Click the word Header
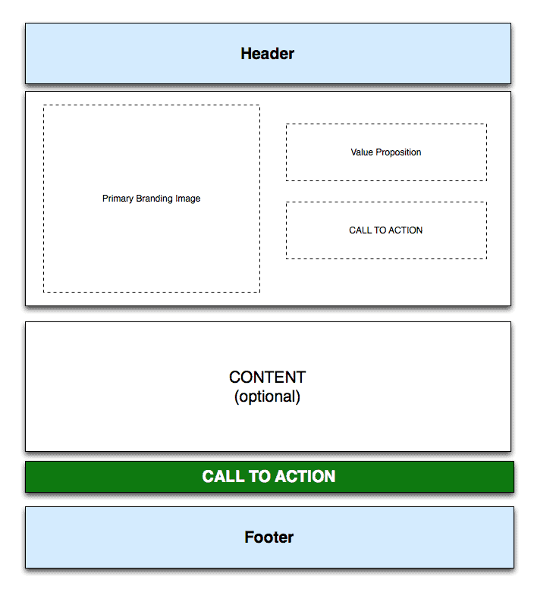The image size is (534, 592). coord(267,54)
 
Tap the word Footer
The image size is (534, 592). coord(269,537)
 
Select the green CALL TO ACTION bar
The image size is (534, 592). coord(269,477)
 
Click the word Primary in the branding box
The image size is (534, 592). coord(118,199)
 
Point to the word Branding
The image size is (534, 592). coord(154,199)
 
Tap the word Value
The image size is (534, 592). coord(362,152)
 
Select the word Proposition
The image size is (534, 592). coord(398,152)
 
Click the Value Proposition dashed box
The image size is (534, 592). coord(386,152)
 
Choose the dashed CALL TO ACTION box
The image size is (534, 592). coord(386,230)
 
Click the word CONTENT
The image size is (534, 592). coord(267,377)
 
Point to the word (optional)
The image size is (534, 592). coord(267,396)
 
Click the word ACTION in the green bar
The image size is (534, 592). coord(305,477)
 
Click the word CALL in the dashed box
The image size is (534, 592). coord(360,230)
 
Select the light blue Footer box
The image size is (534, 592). coord(269,537)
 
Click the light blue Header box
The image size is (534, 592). coord(268,54)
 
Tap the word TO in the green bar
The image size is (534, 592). coord(259,477)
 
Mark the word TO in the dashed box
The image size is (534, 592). coord(380,230)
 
